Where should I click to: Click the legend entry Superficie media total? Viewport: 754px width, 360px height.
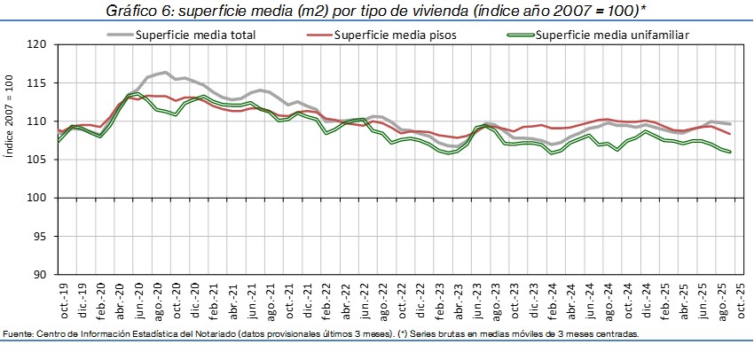195,35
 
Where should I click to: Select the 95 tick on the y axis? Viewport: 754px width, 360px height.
39,236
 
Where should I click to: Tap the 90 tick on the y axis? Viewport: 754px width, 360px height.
39,274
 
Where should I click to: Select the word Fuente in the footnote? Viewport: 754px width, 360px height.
19,334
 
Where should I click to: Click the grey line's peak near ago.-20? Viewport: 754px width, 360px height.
164,72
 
